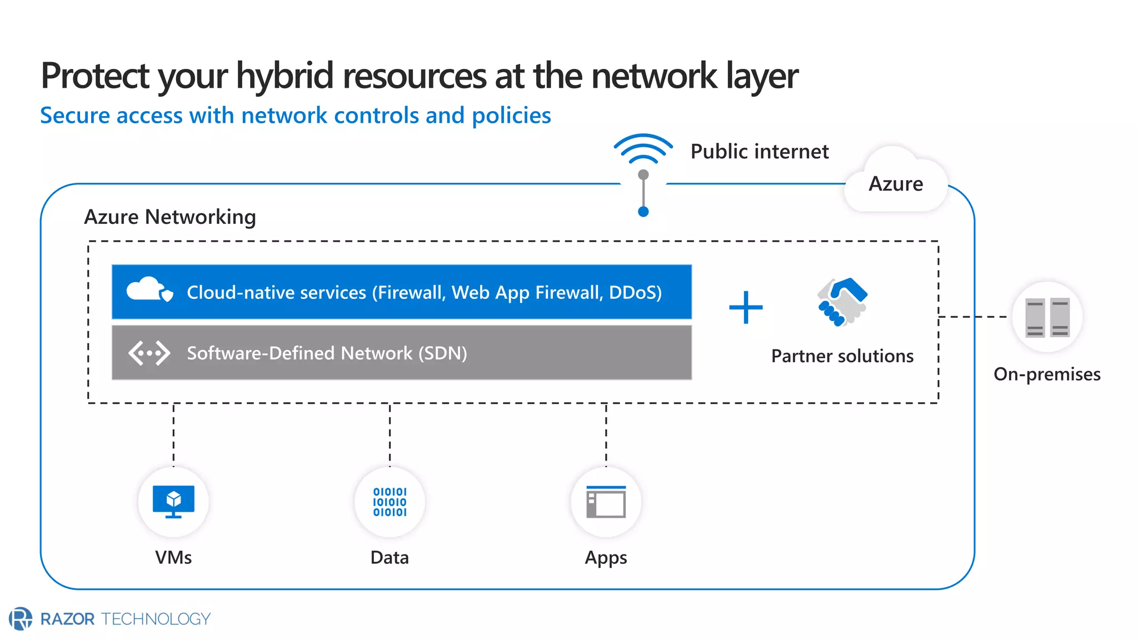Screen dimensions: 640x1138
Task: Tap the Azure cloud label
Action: click(895, 183)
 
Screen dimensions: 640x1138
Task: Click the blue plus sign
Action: click(746, 307)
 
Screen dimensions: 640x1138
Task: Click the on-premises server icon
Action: click(1047, 317)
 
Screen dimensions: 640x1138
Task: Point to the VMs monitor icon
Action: click(173, 501)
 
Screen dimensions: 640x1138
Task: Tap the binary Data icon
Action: click(390, 502)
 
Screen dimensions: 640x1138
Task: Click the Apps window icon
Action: click(606, 502)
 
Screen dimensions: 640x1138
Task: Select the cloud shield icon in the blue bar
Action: click(149, 289)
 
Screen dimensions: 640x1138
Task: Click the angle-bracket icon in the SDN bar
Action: click(149, 353)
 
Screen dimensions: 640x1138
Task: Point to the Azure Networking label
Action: click(170, 217)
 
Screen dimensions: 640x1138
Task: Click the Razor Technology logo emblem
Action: click(21, 618)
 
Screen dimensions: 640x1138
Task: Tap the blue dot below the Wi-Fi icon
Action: click(643, 212)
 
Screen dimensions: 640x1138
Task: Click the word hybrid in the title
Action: click(284, 76)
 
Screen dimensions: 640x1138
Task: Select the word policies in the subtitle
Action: click(511, 116)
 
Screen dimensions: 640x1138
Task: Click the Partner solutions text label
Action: click(842, 356)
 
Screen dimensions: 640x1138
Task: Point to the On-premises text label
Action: click(1047, 374)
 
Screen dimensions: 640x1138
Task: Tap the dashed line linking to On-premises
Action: click(972, 317)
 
